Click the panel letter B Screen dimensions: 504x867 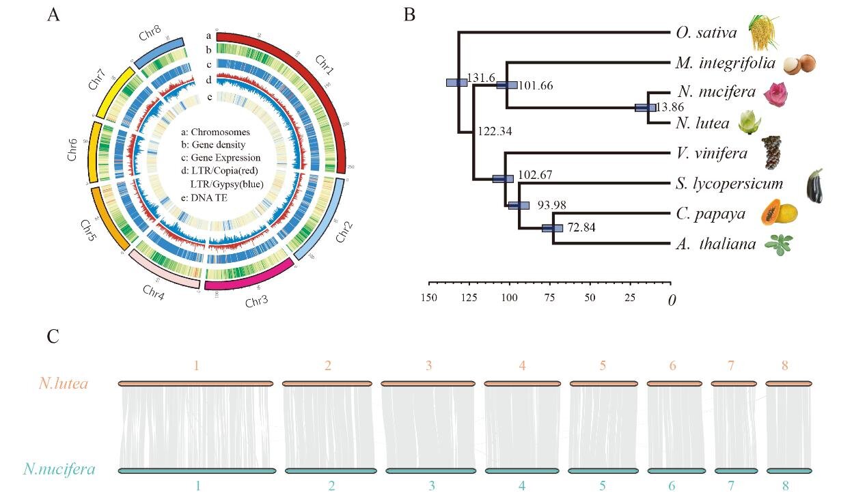tap(410, 14)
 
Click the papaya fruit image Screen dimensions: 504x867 tap(780, 212)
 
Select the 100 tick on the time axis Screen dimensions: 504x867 tap(509, 298)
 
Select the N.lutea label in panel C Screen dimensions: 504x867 tap(63, 384)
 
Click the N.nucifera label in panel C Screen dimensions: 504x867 tap(59, 470)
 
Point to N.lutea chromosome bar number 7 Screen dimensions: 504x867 tap(734, 384)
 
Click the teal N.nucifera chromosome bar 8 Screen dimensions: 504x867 tap(788, 470)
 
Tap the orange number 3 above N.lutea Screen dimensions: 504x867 tap(428, 366)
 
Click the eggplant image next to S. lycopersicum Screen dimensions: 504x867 tap(814, 186)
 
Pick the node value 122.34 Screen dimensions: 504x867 tap(495, 130)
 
